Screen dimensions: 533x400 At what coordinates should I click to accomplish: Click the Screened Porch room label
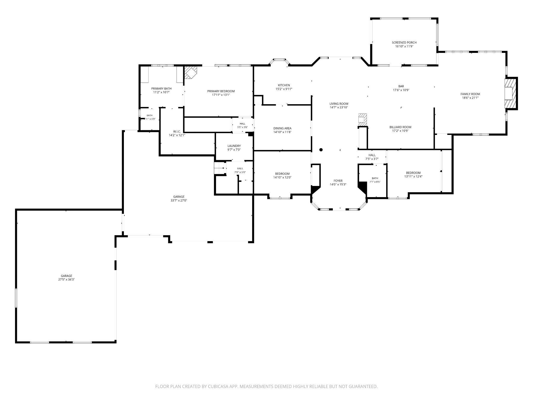404,42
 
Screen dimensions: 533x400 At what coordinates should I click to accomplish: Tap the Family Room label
470,94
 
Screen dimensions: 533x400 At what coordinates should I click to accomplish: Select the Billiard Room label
400,127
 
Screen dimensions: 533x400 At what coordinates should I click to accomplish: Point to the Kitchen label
284,85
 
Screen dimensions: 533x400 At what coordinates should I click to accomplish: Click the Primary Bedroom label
221,91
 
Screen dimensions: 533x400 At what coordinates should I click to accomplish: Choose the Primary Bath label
161,89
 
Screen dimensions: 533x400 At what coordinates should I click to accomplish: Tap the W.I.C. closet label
177,132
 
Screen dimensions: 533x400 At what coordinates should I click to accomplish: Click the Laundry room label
234,146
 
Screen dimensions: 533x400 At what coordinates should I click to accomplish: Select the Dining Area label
282,128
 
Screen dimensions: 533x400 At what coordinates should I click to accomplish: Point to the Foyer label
338,181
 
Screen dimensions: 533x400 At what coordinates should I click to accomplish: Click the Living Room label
339,104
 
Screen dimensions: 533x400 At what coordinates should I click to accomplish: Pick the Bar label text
401,86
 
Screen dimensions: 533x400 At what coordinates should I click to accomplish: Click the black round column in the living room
321,150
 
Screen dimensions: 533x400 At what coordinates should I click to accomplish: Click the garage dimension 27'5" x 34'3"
66,279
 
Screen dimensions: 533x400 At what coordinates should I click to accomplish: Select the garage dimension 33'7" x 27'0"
179,201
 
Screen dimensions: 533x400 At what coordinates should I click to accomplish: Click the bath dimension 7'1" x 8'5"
375,182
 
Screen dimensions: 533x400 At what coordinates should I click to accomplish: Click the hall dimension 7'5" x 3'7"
372,159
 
